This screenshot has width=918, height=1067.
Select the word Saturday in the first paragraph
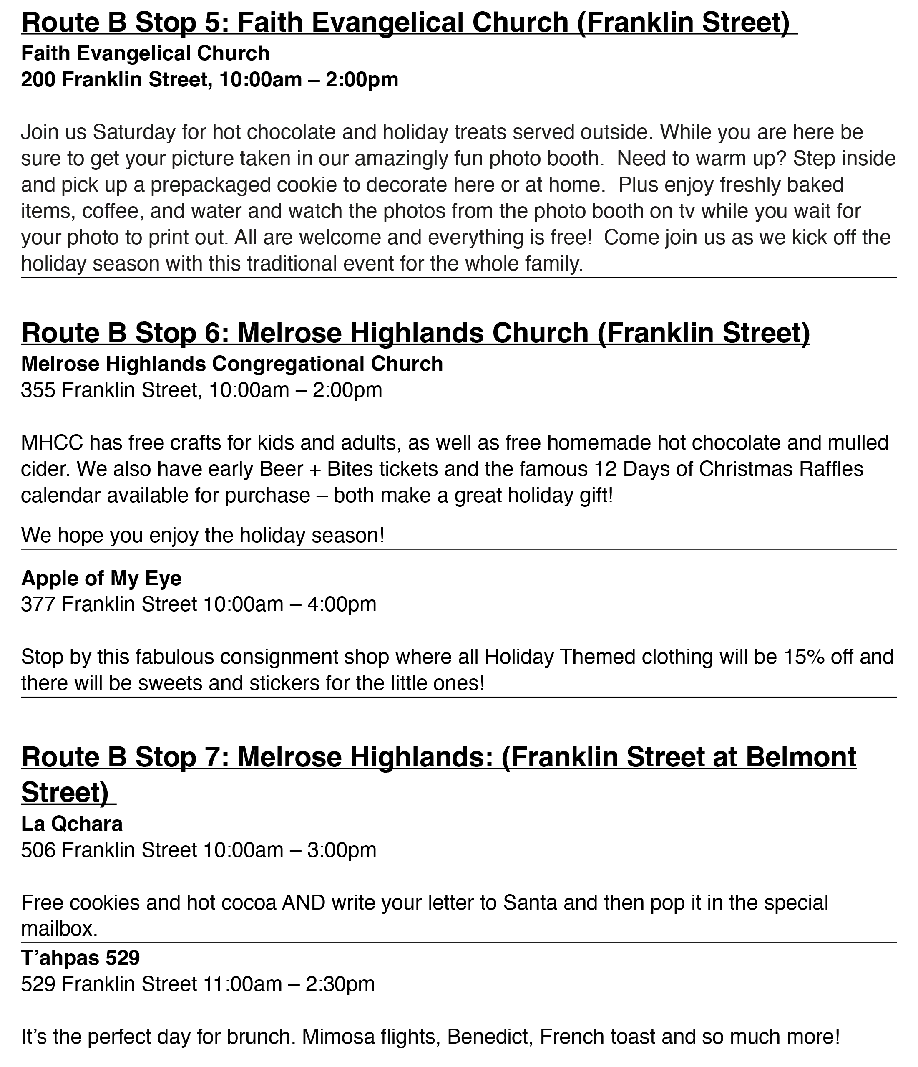[x=134, y=132]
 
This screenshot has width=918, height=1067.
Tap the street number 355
[x=38, y=390]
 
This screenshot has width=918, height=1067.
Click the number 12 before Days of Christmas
[x=605, y=469]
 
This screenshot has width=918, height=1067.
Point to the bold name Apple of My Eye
[x=101, y=578]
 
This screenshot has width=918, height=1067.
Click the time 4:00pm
[x=342, y=604]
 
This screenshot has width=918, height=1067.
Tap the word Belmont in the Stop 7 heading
[x=800, y=757]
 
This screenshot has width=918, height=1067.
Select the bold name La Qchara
[x=71, y=824]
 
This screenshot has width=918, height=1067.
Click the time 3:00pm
[x=342, y=850]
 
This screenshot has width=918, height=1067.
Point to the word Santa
[x=530, y=903]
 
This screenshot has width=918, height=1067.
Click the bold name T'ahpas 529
[x=80, y=958]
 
